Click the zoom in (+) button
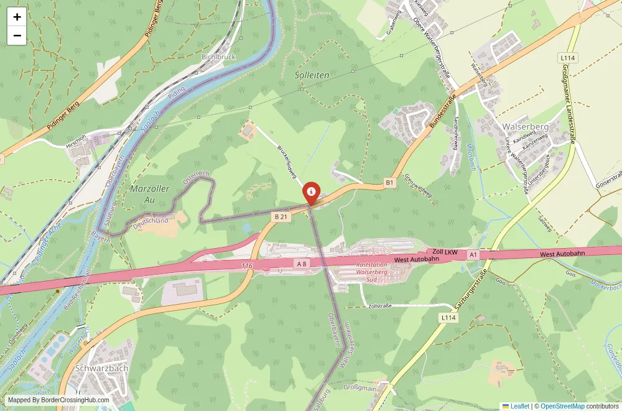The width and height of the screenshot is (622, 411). coord(17,17)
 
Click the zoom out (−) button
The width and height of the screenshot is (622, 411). coord(17,35)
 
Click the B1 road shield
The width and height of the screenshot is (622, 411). coord(390,182)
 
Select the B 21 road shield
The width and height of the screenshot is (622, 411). coord(281,216)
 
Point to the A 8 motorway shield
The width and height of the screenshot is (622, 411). coord(302,264)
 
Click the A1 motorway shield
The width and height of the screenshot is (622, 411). coord(473,254)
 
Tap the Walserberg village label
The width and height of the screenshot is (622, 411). coord(525,127)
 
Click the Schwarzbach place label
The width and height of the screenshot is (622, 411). coord(101,367)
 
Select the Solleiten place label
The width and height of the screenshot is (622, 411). coord(312,75)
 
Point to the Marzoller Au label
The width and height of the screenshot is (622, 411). coord(149,194)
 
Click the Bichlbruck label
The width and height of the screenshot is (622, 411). coord(218,57)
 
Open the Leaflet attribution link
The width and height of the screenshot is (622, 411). coord(516,406)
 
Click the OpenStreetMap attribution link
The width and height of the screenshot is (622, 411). coord(562,406)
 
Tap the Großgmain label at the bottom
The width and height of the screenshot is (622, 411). coord(360,387)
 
